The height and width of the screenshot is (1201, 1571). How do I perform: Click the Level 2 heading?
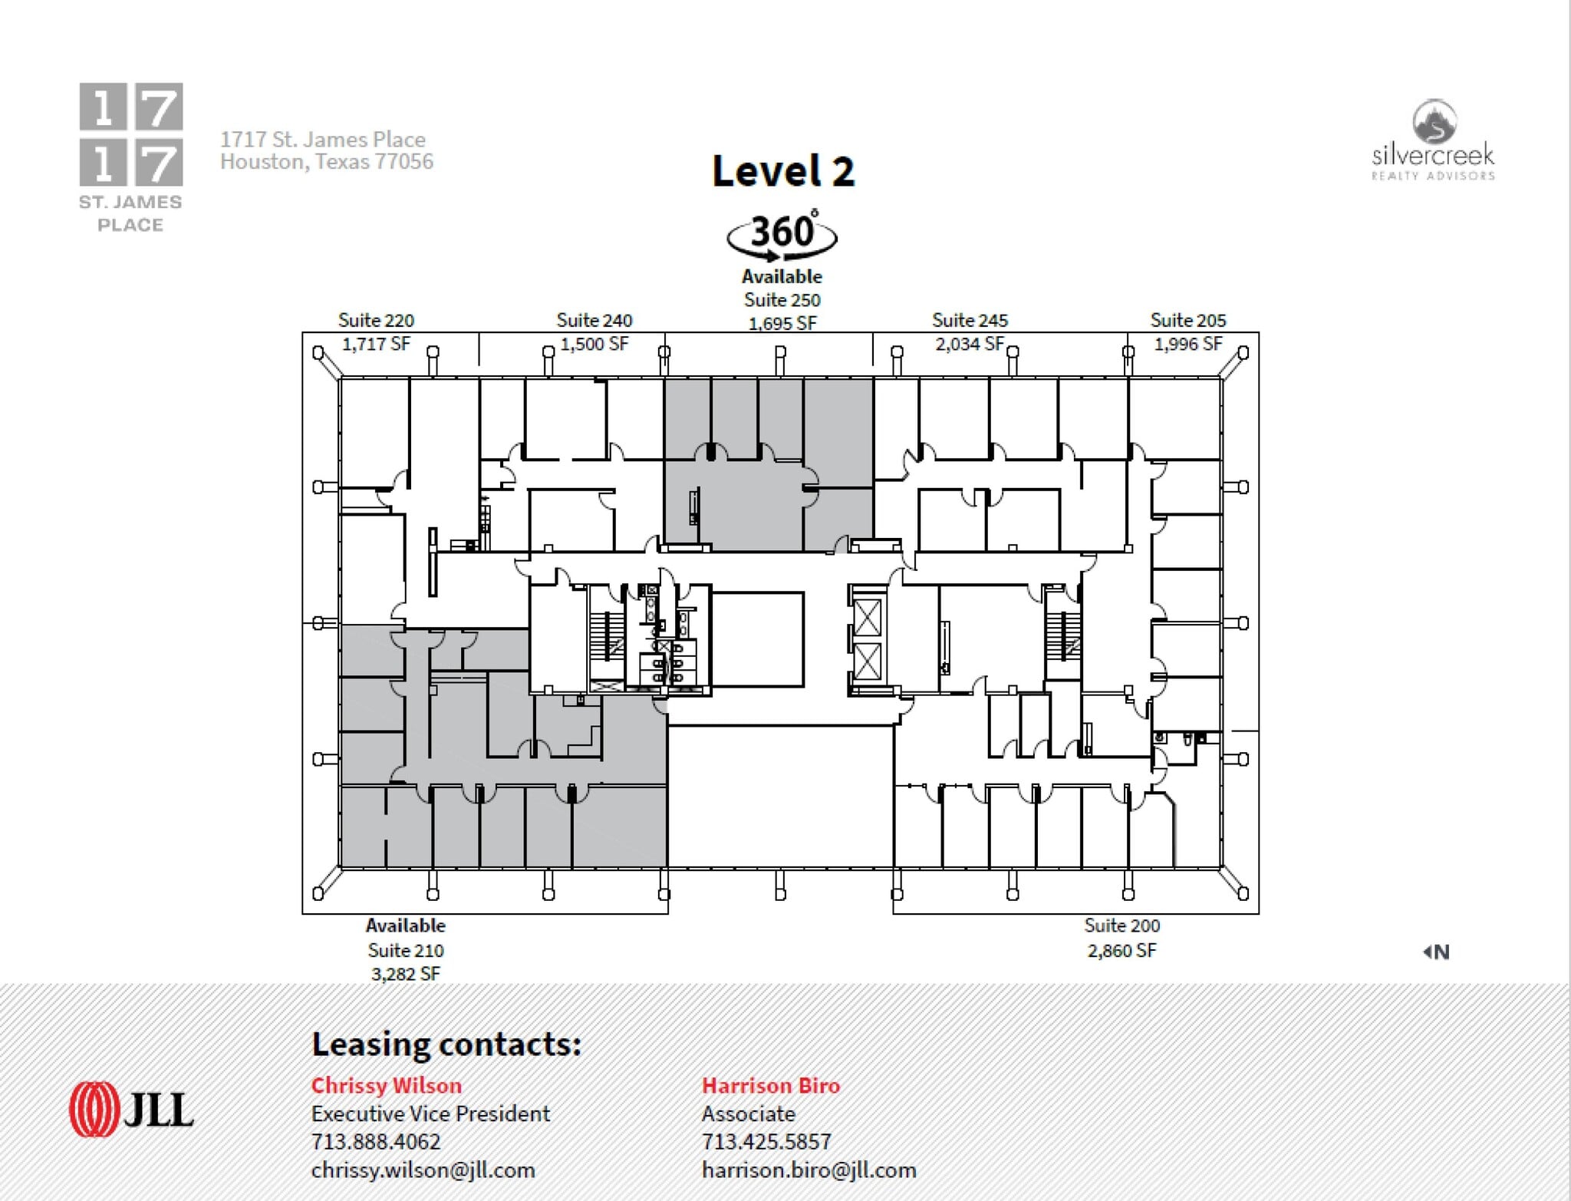tap(782, 170)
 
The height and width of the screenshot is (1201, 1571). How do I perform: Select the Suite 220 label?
tap(376, 320)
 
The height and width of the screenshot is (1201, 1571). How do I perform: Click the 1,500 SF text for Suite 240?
tap(594, 344)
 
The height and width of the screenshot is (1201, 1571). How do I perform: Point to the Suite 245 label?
tap(970, 320)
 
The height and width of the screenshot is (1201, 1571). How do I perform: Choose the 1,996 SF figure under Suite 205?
tap(1187, 344)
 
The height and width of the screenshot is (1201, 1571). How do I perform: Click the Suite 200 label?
tap(1121, 925)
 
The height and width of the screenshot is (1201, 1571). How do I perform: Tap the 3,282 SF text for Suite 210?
tap(405, 974)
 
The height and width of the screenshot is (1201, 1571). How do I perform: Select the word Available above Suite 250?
tap(782, 276)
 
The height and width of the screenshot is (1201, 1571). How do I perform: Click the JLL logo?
tap(131, 1109)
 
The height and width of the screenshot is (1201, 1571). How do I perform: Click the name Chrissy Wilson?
tap(386, 1085)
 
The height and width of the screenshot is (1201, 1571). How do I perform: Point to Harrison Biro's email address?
tap(809, 1170)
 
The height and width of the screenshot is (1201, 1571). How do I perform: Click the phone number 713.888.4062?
tap(376, 1141)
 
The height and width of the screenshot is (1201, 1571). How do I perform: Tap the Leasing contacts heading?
tap(446, 1044)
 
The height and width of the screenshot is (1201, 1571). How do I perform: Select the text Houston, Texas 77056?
tap(327, 162)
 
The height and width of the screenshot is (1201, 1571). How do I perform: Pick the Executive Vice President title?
tap(430, 1114)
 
